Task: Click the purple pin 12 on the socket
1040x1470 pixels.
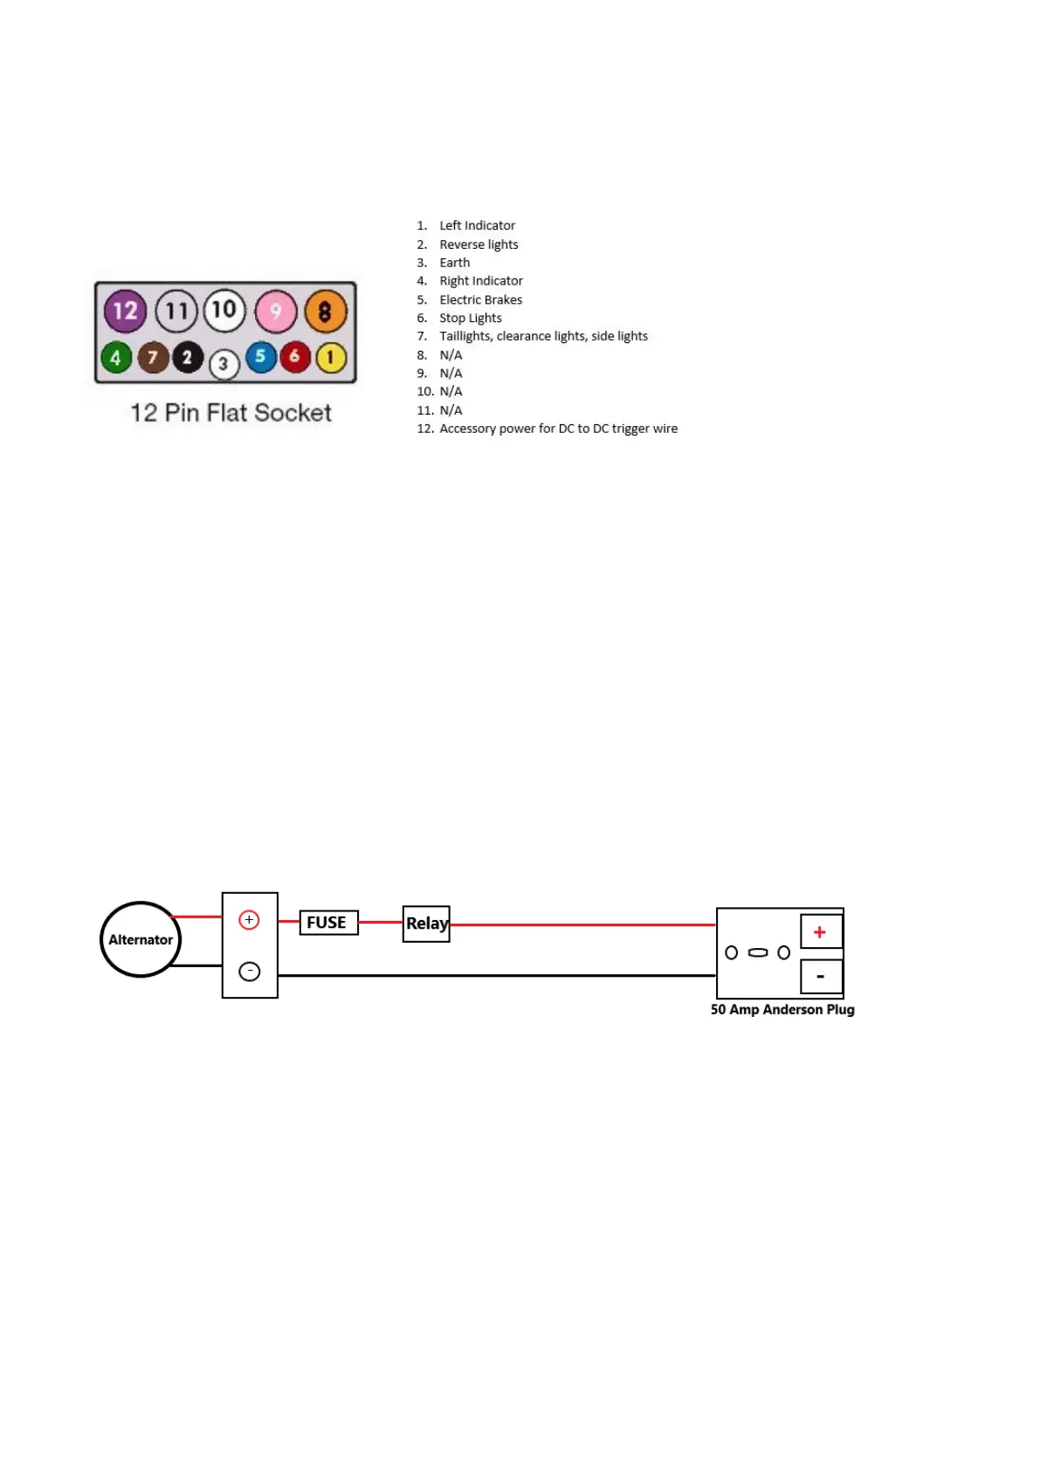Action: pos(125,311)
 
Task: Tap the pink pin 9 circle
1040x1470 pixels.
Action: pos(276,312)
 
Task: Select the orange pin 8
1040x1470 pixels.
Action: pos(325,312)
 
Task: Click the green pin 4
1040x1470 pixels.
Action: pos(115,358)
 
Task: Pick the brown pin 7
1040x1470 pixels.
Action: pos(153,358)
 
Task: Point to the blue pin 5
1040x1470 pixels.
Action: pos(260,356)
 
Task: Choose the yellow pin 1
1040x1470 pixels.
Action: pos(331,357)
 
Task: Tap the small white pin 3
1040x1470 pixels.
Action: pos(224,364)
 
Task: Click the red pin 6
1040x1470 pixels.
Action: pos(295,356)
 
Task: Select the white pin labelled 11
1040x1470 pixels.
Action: pos(176,312)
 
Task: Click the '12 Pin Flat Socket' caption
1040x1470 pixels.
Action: pos(231,413)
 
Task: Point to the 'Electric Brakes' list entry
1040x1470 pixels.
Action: pos(480,299)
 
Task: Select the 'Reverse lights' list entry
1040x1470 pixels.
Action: pos(479,244)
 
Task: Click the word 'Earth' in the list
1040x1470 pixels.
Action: pos(454,263)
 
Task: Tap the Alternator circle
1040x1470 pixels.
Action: pos(141,939)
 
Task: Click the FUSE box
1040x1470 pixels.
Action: pos(328,923)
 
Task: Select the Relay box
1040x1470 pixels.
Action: pos(426,924)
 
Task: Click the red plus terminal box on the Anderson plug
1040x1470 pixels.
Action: pos(821,931)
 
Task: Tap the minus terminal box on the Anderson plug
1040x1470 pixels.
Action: pos(821,977)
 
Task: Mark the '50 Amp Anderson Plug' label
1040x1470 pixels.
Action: pos(782,1009)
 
